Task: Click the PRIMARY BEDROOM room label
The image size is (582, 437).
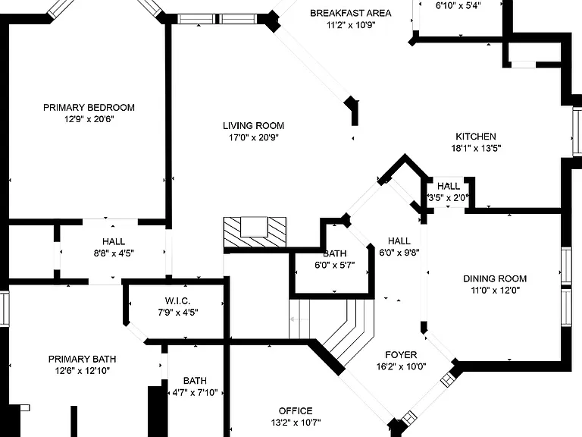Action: [89, 108]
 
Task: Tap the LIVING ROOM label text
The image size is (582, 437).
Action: [254, 126]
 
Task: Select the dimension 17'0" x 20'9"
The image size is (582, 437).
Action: [254, 138]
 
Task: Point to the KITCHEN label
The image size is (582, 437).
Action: [476, 137]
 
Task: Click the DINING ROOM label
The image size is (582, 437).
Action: [495, 278]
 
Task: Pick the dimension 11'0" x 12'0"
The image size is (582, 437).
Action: [495, 291]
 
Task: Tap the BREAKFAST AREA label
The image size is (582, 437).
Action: [350, 14]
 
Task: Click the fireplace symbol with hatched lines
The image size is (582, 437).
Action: [255, 232]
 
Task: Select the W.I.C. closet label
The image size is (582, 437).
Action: [178, 300]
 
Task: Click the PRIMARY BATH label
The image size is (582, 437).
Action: [83, 360]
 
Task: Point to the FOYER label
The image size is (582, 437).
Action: [401, 355]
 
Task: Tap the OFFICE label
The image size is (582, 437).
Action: [296, 411]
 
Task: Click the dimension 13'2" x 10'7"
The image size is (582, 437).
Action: [296, 423]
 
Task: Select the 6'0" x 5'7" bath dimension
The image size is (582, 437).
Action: [335, 266]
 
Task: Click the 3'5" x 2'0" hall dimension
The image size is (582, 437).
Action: [449, 198]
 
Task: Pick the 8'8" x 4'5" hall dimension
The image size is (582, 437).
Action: [114, 253]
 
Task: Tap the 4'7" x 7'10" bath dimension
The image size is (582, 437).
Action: [196, 392]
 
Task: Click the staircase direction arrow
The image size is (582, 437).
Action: [299, 319]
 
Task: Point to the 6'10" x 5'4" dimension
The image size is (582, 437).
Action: [458, 5]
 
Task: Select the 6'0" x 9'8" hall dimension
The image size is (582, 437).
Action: [399, 253]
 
